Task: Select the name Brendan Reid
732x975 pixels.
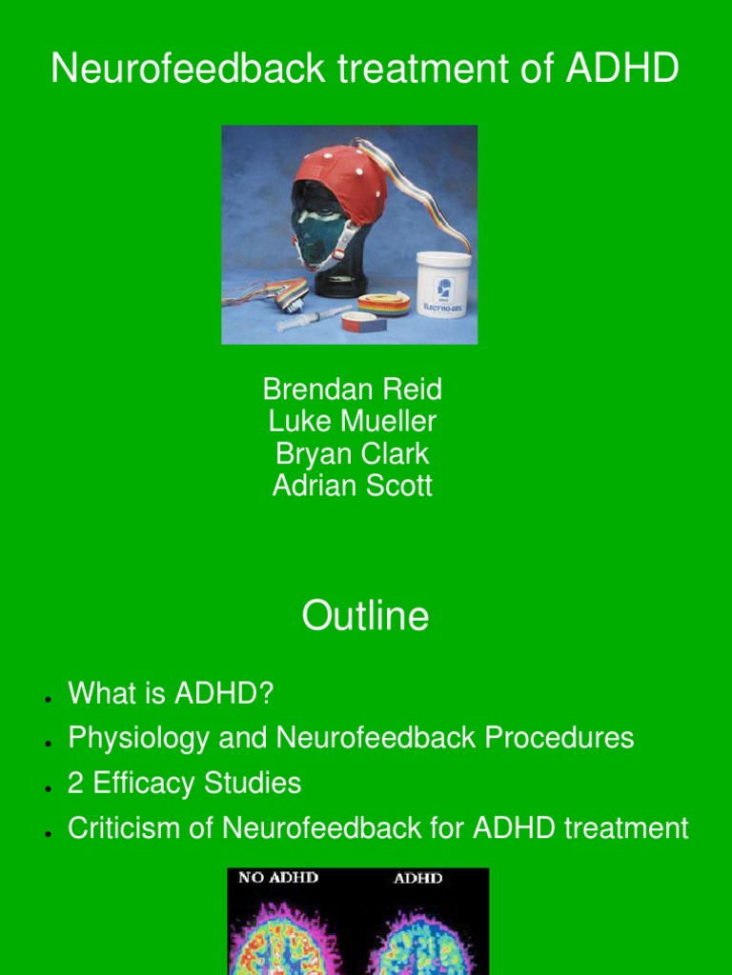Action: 352,389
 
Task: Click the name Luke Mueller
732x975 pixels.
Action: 352,422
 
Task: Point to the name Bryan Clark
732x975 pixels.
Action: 352,454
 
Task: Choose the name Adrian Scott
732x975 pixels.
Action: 352,487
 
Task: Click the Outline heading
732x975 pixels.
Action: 365,617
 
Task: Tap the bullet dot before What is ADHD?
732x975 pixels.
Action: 47,700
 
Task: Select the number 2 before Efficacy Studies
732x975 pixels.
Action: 76,784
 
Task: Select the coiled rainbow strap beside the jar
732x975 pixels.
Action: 384,304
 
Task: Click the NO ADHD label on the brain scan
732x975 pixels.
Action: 278,877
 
